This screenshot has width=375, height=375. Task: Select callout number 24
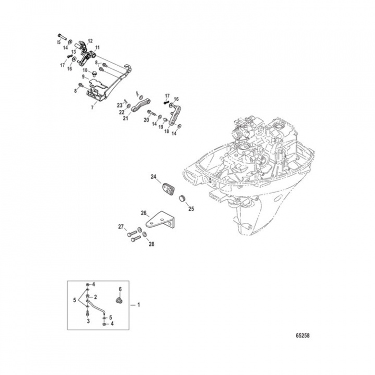click(154, 178)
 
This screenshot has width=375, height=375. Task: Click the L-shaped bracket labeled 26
click(159, 221)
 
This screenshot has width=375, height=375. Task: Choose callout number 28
click(152, 244)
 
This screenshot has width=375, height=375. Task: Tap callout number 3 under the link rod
click(89, 322)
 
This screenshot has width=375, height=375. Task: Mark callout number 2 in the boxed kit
click(95, 296)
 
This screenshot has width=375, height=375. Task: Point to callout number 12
click(90, 41)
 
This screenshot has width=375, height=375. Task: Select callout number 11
click(97, 47)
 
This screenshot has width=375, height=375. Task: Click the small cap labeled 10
click(94, 75)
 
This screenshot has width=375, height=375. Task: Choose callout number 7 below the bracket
click(93, 107)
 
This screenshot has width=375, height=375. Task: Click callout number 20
click(147, 120)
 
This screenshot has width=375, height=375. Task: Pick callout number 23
click(119, 105)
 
